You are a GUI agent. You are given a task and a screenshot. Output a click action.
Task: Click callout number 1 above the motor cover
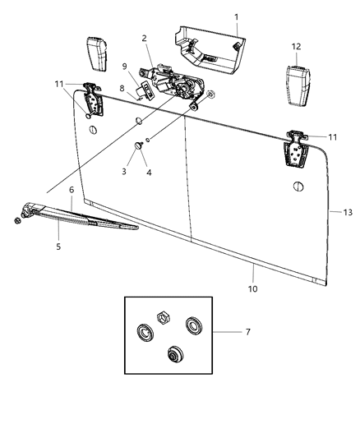[x=236, y=16]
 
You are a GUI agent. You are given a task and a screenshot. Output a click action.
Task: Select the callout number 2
[x=144, y=38]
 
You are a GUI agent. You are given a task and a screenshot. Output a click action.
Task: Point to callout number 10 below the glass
[x=253, y=289]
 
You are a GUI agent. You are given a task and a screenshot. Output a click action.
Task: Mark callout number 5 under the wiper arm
[x=58, y=246]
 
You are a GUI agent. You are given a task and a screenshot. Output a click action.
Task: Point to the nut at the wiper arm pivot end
[x=17, y=221]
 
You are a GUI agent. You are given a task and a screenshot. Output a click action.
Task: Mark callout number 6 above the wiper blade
[x=72, y=190]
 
